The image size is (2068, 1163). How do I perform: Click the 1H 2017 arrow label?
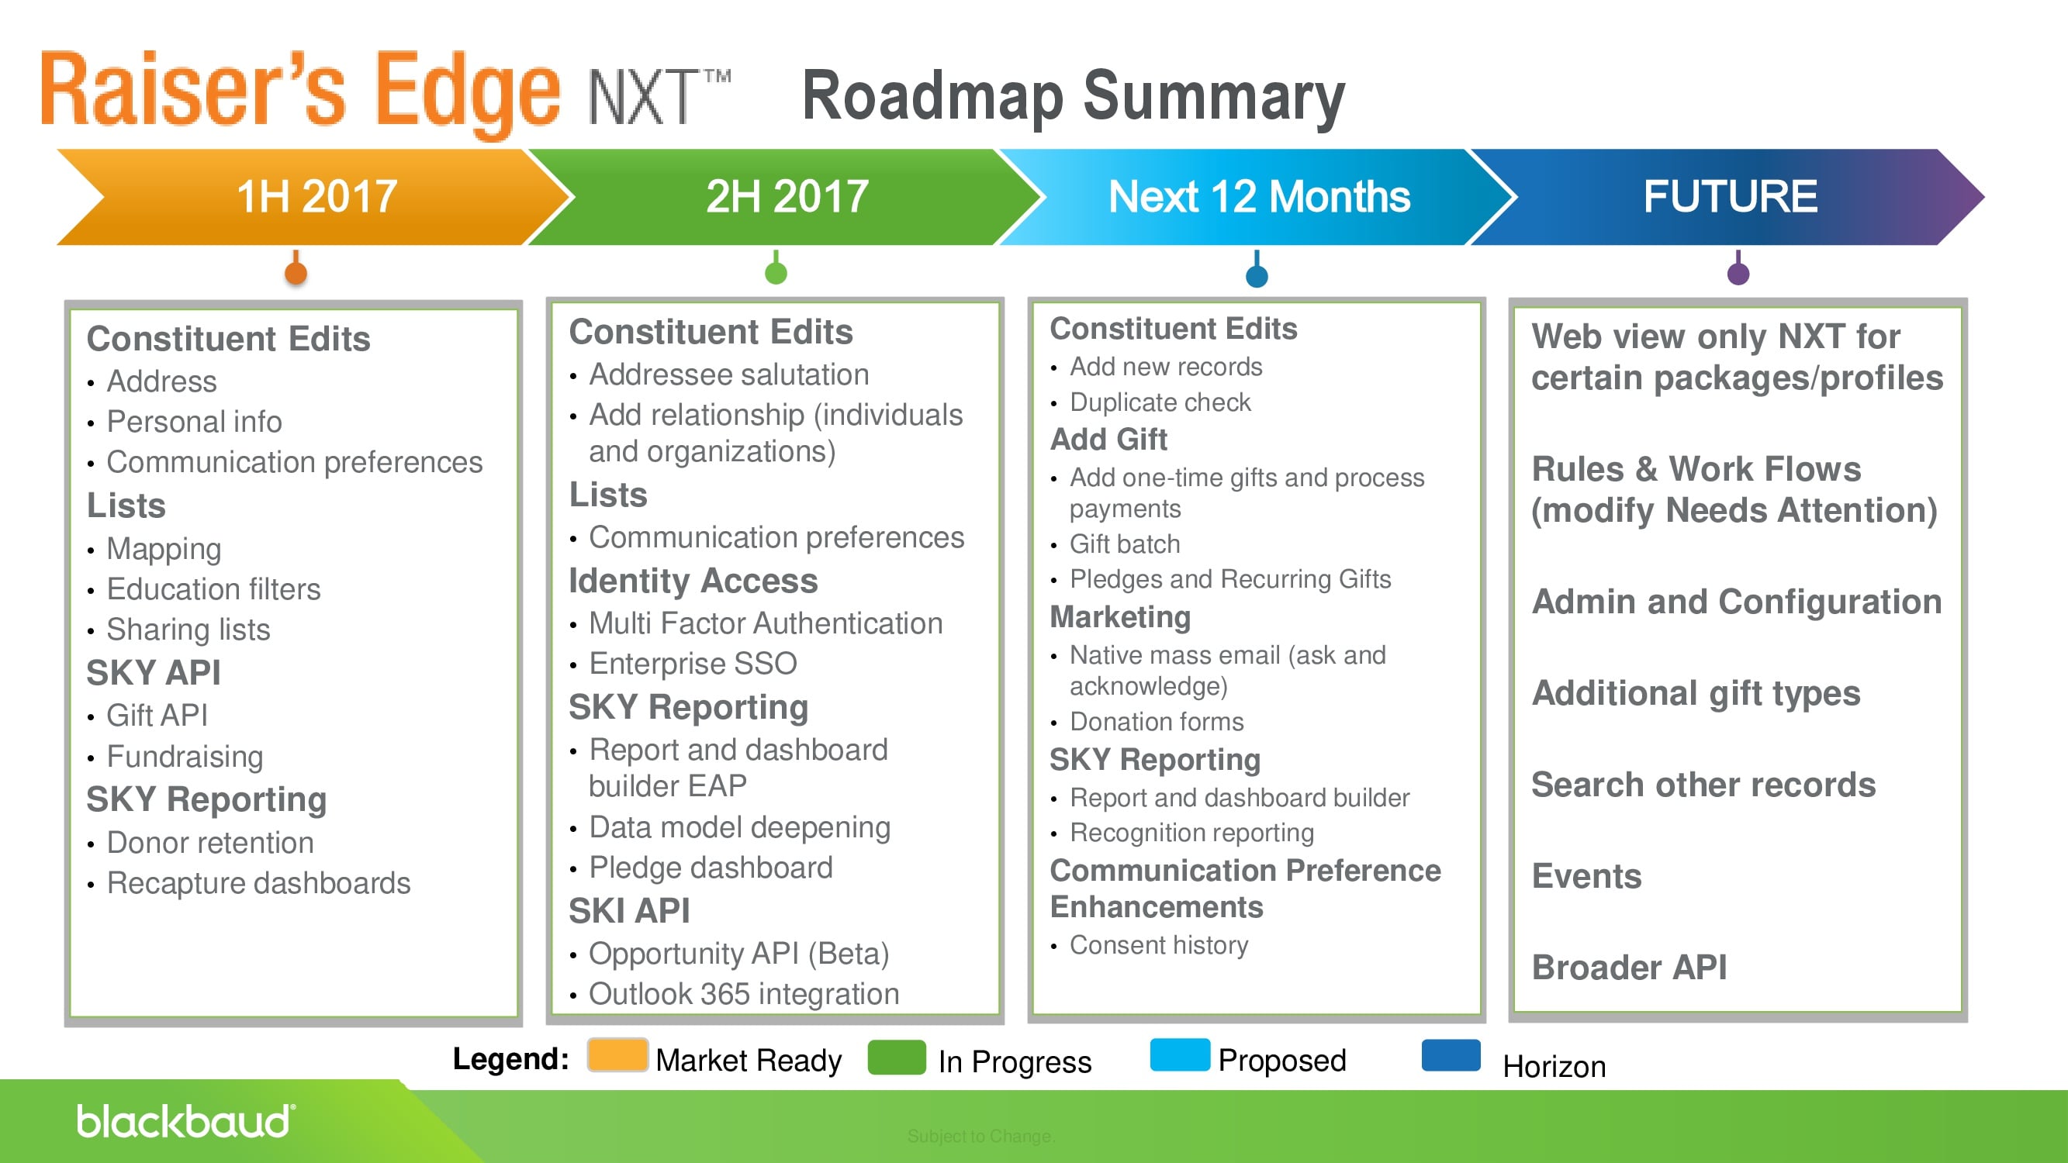pos(316,197)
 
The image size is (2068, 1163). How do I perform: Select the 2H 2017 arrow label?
pos(787,197)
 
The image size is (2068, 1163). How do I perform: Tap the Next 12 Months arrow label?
pos(1258,197)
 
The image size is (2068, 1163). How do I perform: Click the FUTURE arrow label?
pos(1729,197)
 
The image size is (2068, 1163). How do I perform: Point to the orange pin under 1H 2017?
pos(296,272)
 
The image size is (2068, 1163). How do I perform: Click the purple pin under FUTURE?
pos(1738,272)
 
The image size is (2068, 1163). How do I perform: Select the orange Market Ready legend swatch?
pos(617,1054)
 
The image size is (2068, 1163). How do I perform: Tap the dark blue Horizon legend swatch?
pos(1450,1054)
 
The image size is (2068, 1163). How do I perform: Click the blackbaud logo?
pos(185,1121)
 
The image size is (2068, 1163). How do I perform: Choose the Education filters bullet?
pos(213,589)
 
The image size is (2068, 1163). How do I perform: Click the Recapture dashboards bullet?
pos(258,883)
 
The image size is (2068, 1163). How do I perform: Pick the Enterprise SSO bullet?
pos(692,664)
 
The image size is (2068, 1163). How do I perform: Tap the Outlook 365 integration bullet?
pos(743,994)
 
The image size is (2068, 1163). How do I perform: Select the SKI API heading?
pos(628,911)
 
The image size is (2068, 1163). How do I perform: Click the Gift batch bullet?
pos(1124,544)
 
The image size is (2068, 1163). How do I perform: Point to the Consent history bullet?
pos(1158,944)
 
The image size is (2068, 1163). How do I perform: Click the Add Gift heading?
pos(1108,439)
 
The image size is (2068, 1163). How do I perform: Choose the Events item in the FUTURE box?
pos(1586,875)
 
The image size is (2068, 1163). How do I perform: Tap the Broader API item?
pos(1628,967)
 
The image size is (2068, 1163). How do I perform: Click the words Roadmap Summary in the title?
pos(1073,96)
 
